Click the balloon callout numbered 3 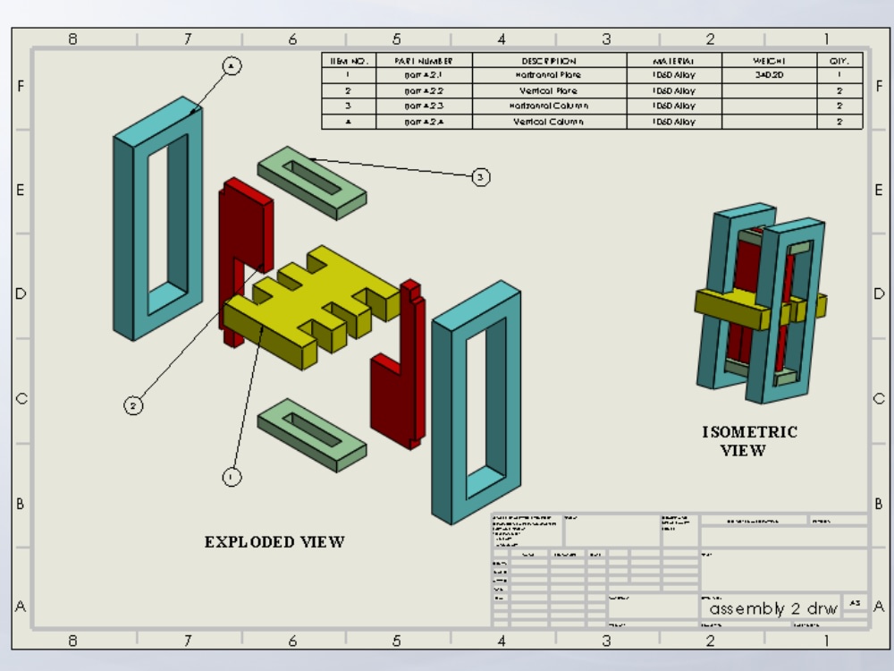[x=481, y=178]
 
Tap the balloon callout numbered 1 [x=232, y=477]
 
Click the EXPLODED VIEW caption [x=274, y=542]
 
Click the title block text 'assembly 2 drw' [x=773, y=608]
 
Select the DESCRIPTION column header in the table [x=549, y=61]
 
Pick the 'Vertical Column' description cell [x=549, y=122]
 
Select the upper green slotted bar [x=311, y=183]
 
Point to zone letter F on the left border [x=21, y=87]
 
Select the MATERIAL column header [x=673, y=61]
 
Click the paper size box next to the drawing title [x=855, y=604]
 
